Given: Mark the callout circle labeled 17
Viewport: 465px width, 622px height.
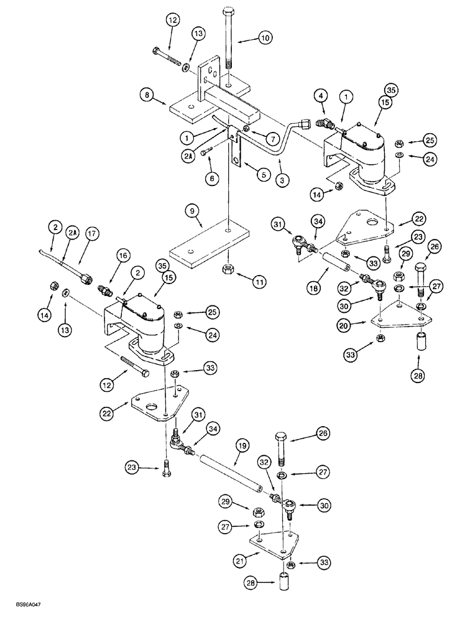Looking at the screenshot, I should coord(92,235).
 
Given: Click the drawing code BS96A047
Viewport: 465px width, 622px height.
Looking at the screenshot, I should coord(24,613).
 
